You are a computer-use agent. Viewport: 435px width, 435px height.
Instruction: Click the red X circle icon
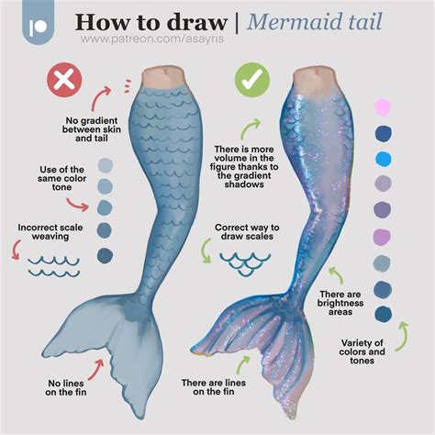pyautogui.click(x=64, y=80)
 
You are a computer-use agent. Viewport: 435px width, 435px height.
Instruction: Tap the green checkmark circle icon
pyautogui.click(x=252, y=80)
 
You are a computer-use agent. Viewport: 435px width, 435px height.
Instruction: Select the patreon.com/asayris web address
pyautogui.click(x=152, y=39)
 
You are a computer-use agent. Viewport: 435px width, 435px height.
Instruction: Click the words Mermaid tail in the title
pyautogui.click(x=315, y=21)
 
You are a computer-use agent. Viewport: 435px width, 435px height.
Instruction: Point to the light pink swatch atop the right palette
pyautogui.click(x=383, y=107)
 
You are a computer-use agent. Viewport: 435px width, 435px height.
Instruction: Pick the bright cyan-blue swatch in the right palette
pyautogui.click(x=384, y=160)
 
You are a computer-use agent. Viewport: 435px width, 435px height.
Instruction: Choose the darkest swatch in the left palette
pyautogui.click(x=106, y=255)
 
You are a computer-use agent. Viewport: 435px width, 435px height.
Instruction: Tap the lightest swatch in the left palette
pyautogui.click(x=106, y=165)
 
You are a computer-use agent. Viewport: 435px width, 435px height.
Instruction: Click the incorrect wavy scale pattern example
pyautogui.click(x=54, y=266)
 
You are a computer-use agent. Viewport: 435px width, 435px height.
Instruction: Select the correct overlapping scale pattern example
pyautogui.click(x=245, y=263)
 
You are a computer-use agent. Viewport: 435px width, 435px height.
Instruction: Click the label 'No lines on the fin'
pyautogui.click(x=66, y=387)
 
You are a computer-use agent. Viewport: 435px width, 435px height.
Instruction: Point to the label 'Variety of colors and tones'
pyautogui.click(x=362, y=351)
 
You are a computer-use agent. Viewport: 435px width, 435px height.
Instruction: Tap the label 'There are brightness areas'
pyautogui.click(x=340, y=303)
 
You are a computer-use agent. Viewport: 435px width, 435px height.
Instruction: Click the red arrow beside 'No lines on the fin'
pyautogui.click(x=96, y=369)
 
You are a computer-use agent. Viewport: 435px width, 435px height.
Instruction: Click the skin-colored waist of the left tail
pyautogui.click(x=162, y=77)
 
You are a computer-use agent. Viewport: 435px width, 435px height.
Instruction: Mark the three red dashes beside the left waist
pyautogui.click(x=128, y=86)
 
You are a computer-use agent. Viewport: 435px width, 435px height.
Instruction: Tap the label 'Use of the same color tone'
pyautogui.click(x=61, y=178)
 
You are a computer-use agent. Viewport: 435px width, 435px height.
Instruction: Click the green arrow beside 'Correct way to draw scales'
pyautogui.click(x=205, y=251)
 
